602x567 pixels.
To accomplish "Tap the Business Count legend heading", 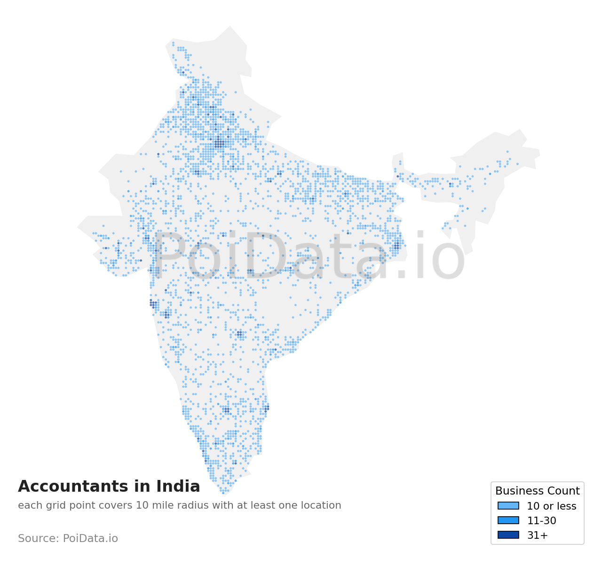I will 537,491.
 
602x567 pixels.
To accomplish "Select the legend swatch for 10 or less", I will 508,506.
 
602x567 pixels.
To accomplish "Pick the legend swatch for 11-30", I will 508,520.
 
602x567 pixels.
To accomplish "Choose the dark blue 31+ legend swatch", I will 508,535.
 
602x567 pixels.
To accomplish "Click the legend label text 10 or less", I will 551,506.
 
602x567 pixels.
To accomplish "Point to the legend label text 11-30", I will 541,521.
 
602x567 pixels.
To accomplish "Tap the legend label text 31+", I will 537,535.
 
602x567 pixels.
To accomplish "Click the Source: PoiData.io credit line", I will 68,538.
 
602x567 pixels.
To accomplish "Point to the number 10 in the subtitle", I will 142,505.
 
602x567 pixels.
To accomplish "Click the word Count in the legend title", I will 562,491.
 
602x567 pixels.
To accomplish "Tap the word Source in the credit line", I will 38,538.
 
